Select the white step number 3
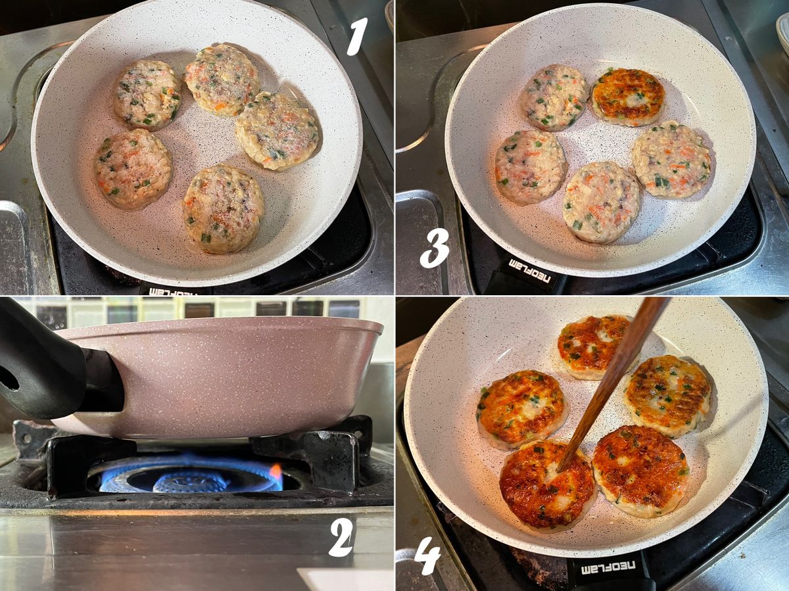click(435, 248)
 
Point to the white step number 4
click(427, 561)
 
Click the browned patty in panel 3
click(628, 97)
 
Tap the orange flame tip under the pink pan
click(275, 469)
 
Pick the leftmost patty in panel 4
click(522, 410)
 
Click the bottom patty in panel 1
click(223, 208)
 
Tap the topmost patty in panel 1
click(223, 79)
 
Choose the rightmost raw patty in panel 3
click(671, 160)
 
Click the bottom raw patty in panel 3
click(601, 202)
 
